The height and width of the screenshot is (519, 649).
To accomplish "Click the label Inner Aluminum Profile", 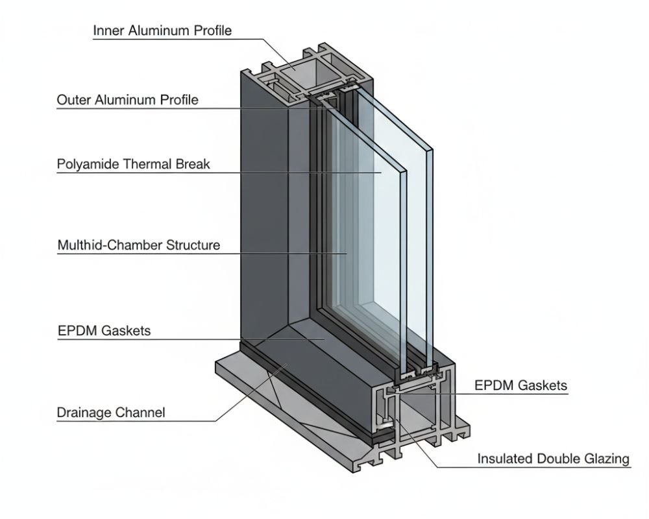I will pos(162,30).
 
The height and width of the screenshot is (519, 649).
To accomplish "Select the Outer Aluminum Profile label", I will pos(127,100).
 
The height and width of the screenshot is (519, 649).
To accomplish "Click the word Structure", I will pos(193,245).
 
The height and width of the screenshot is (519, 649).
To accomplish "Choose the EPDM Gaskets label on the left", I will pos(104,330).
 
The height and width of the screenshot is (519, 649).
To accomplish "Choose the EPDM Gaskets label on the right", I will pos(520,385).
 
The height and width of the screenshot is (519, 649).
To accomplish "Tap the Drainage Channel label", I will pos(111,412).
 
